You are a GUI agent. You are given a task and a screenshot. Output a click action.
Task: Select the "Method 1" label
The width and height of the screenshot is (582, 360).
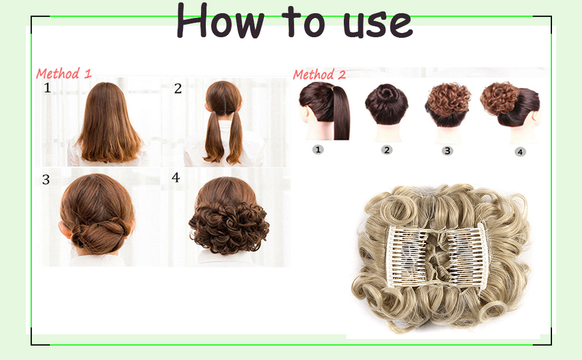click(x=64, y=74)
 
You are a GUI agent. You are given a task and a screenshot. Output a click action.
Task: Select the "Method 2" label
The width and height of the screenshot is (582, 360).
click(x=319, y=75)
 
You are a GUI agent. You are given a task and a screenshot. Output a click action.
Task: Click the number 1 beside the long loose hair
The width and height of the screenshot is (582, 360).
click(x=47, y=89)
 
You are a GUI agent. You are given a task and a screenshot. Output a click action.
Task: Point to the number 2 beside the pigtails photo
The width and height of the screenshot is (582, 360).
click(x=178, y=89)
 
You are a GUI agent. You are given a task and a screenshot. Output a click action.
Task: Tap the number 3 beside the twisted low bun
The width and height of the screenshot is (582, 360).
click(x=46, y=179)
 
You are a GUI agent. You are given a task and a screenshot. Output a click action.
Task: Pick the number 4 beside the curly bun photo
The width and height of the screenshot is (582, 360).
click(x=176, y=178)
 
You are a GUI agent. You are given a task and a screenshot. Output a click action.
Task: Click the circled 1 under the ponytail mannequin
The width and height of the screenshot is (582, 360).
click(x=318, y=149)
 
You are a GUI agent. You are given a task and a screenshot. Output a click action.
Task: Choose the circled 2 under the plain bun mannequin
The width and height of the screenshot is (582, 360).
click(x=387, y=150)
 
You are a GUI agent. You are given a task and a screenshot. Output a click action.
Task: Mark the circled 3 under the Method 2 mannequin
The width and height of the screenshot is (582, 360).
click(x=448, y=151)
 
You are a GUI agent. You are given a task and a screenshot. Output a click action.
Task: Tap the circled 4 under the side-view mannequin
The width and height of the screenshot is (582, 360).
click(x=520, y=152)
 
